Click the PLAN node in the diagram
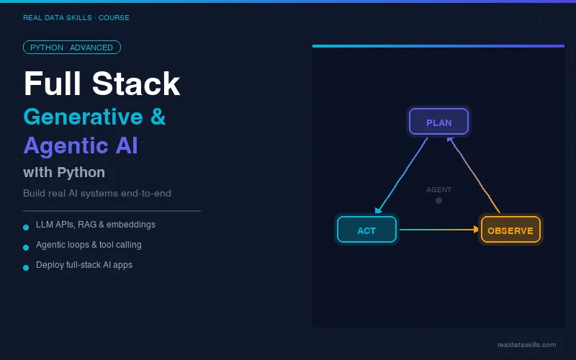pyautogui.click(x=438, y=122)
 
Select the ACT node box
pyautogui.click(x=366, y=230)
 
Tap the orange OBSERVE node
pyautogui.click(x=510, y=230)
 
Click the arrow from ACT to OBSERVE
pyautogui.click(x=438, y=230)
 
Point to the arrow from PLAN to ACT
pyautogui.click(x=402, y=176)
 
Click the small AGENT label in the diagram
pyautogui.click(x=438, y=190)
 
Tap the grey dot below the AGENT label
pyautogui.click(x=438, y=200)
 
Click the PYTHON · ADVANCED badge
pyautogui.click(x=72, y=48)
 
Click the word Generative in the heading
pyautogui.click(x=83, y=117)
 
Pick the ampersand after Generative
pyautogui.click(x=158, y=117)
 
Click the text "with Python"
pyautogui.click(x=64, y=173)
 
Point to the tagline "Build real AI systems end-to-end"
pyautogui.click(x=97, y=193)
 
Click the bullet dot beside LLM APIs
pyautogui.click(x=26, y=226)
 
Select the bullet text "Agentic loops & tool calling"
pyautogui.click(x=89, y=245)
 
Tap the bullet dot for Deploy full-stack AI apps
pyautogui.click(x=26, y=266)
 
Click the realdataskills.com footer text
pyautogui.click(x=526, y=345)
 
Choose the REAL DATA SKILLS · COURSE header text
pyautogui.click(x=76, y=18)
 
